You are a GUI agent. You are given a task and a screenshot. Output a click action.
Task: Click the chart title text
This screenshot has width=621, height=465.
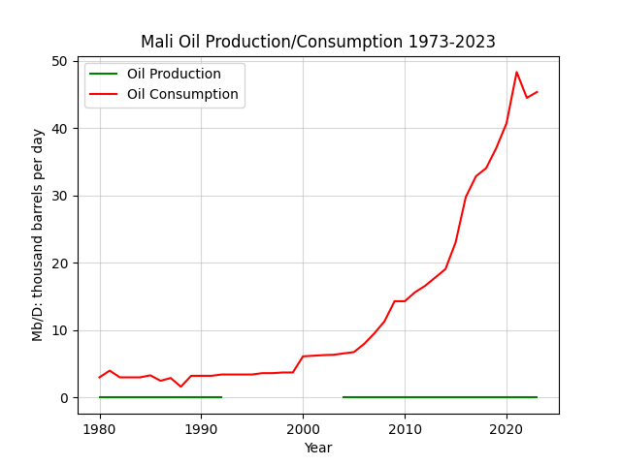[x=318, y=42]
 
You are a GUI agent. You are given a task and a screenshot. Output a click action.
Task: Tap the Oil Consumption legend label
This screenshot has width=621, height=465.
[x=182, y=94]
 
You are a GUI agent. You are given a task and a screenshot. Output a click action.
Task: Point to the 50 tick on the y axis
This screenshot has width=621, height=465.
[x=60, y=61]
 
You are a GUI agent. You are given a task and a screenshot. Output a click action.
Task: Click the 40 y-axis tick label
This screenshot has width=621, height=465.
[x=60, y=129]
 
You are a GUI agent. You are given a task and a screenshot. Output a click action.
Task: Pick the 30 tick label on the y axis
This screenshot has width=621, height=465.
[x=60, y=196]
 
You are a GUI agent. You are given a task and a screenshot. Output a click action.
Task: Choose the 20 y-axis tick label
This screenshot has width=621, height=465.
[x=60, y=263]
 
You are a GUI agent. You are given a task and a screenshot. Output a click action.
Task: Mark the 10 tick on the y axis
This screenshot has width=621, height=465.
[x=60, y=330]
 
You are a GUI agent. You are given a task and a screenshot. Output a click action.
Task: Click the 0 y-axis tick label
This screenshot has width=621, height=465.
[x=64, y=398]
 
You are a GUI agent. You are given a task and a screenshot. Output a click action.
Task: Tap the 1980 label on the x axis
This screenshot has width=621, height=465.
[x=99, y=429]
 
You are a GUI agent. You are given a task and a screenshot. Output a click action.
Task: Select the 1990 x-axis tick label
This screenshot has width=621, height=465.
[x=201, y=429]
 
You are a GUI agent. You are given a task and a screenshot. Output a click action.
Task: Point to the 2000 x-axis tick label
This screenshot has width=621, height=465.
[x=303, y=429]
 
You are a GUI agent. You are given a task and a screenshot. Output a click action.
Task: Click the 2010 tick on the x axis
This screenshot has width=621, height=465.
[x=405, y=429]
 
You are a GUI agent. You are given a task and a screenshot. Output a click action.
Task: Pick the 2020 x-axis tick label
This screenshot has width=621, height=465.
[x=507, y=429]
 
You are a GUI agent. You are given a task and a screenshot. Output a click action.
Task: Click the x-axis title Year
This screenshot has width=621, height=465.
[x=318, y=448]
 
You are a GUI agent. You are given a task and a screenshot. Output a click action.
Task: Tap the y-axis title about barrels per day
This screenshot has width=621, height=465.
[x=37, y=234]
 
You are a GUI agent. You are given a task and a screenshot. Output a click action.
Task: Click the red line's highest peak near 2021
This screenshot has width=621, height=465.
[x=516, y=72]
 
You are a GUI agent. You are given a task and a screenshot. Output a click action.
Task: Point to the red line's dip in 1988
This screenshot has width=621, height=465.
[x=181, y=387]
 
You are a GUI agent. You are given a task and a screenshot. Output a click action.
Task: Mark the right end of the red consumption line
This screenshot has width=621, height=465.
[x=537, y=92]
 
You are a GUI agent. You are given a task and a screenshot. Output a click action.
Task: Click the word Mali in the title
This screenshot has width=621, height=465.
[x=157, y=42]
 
